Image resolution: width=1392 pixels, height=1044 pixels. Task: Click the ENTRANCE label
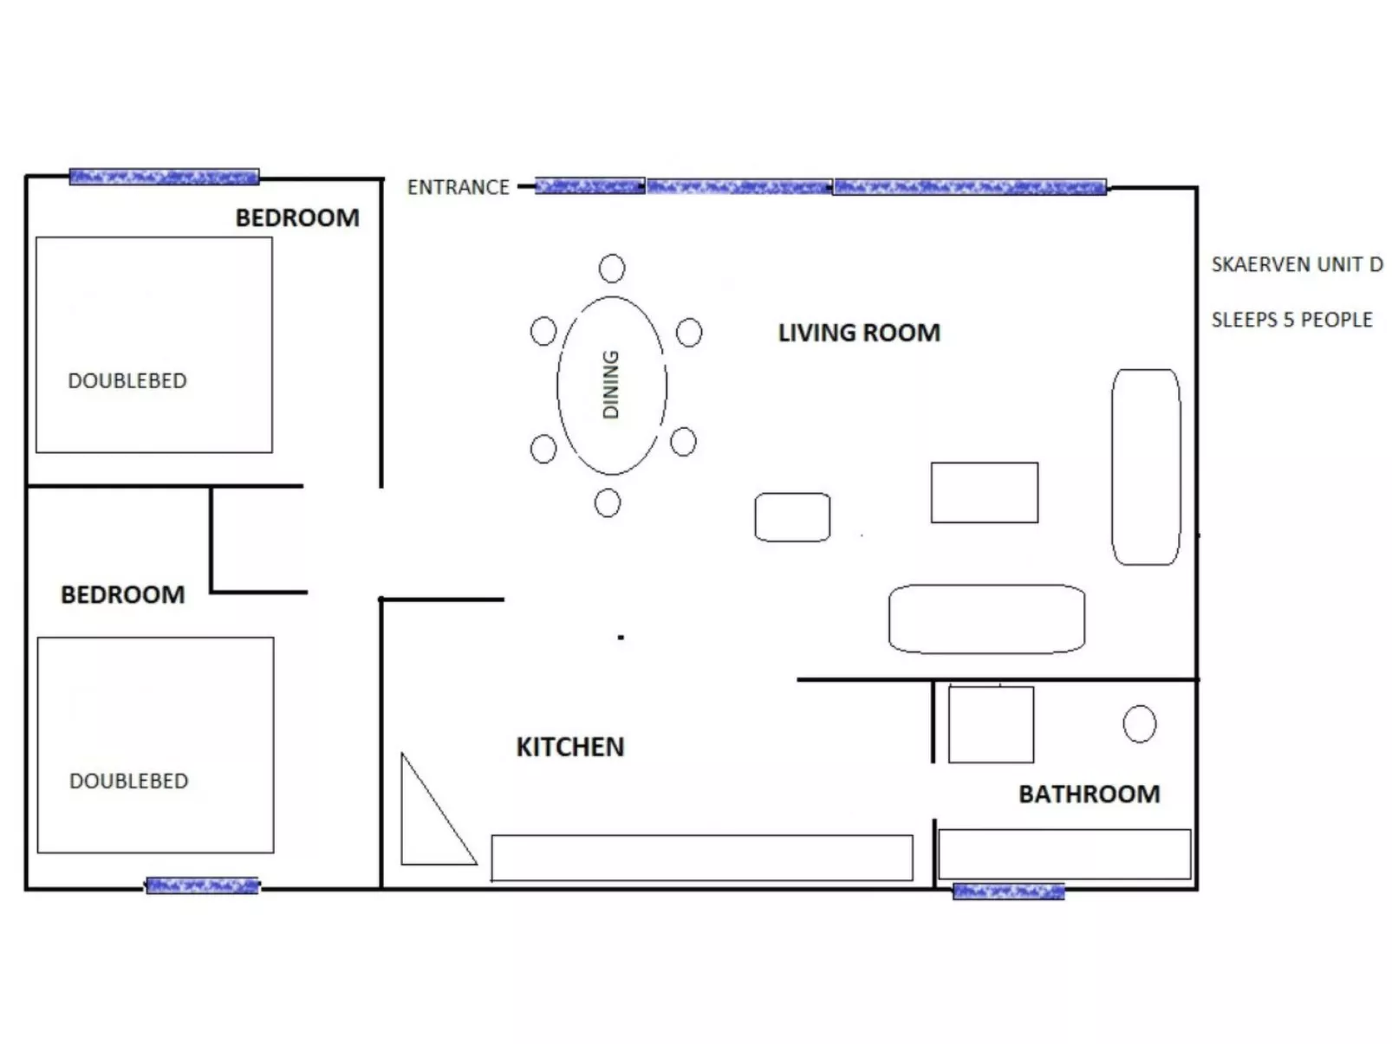click(x=458, y=187)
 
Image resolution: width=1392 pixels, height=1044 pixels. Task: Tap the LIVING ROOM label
click(x=858, y=333)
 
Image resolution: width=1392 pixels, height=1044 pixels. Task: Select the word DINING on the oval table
click(x=611, y=385)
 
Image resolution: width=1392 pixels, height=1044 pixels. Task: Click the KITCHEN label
click(x=569, y=747)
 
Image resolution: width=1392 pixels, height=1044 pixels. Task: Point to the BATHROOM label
click(x=1089, y=794)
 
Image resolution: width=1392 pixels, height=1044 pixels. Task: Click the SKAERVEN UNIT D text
click(x=1296, y=264)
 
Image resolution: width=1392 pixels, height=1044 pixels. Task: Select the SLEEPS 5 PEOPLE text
click(x=1291, y=320)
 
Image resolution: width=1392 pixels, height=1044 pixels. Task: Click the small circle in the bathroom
click(x=1139, y=723)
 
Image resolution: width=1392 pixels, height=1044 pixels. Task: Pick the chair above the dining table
click(x=612, y=269)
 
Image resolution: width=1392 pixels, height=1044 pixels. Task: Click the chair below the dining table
click(x=608, y=503)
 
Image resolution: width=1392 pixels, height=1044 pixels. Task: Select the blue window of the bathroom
click(x=1008, y=892)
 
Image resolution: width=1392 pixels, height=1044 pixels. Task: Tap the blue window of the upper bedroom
click(x=164, y=177)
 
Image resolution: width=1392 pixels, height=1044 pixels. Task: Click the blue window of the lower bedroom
click(x=202, y=885)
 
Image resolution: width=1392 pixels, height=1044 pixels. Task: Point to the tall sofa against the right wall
click(x=1145, y=467)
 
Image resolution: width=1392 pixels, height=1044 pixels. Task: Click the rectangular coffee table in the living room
click(x=984, y=492)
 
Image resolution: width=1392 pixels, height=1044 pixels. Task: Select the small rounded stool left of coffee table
click(x=791, y=517)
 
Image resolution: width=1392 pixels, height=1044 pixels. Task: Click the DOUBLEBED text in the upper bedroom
click(x=127, y=380)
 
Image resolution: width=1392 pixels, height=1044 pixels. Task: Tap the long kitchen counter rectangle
click(x=701, y=858)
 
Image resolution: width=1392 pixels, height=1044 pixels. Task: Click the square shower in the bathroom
click(x=991, y=724)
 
